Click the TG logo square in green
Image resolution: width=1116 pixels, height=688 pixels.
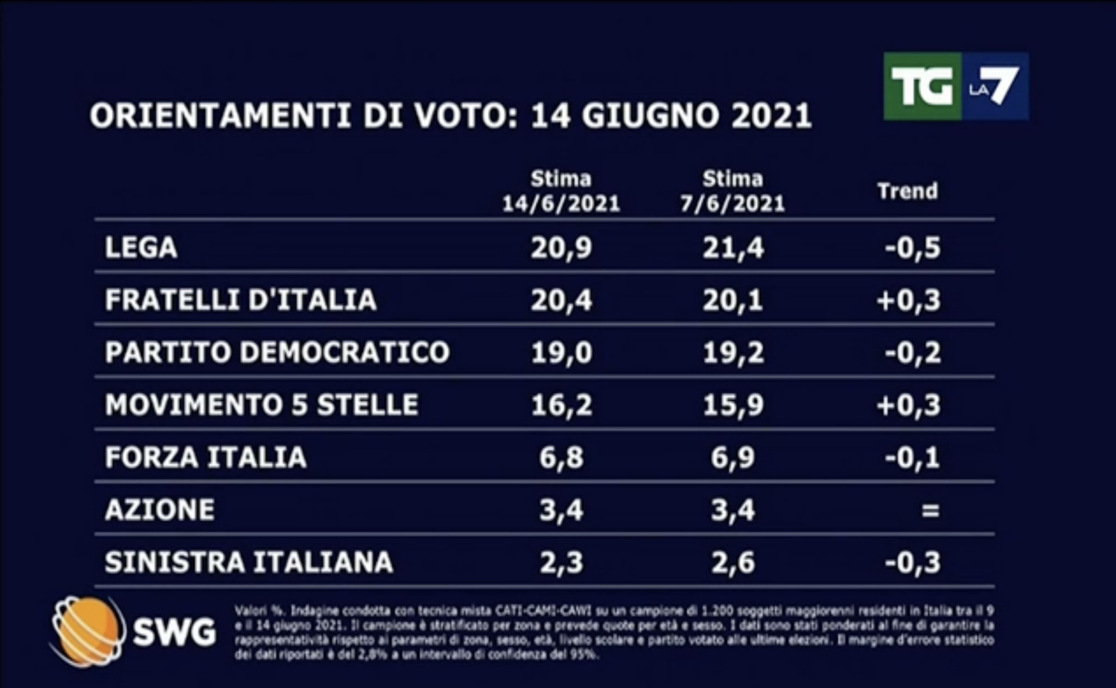click(x=921, y=86)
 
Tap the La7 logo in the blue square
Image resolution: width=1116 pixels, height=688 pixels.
click(x=994, y=86)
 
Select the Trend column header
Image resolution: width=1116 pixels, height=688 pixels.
click(x=907, y=191)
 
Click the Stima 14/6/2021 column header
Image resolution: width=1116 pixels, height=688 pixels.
click(x=561, y=191)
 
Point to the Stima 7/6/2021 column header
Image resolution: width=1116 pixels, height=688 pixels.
click(x=732, y=191)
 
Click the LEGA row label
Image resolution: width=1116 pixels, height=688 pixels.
click(x=141, y=247)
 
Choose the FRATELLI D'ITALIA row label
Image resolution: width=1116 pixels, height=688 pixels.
click(x=241, y=300)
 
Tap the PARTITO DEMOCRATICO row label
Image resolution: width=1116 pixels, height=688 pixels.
click(x=277, y=352)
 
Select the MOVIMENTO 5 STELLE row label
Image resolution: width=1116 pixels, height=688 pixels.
click(x=262, y=405)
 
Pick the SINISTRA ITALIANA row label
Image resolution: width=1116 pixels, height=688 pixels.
click(x=249, y=562)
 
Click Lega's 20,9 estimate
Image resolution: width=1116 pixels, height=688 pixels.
click(x=561, y=248)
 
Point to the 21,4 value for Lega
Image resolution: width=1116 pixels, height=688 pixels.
click(x=733, y=248)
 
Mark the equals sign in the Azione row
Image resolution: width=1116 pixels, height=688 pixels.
click(x=930, y=510)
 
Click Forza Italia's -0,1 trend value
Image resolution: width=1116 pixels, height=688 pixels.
click(x=913, y=458)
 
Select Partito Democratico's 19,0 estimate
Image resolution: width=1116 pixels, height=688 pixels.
click(x=561, y=352)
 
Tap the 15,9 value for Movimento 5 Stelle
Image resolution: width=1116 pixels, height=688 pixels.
click(x=733, y=405)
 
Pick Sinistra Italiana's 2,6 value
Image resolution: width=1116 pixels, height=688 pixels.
click(x=733, y=562)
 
